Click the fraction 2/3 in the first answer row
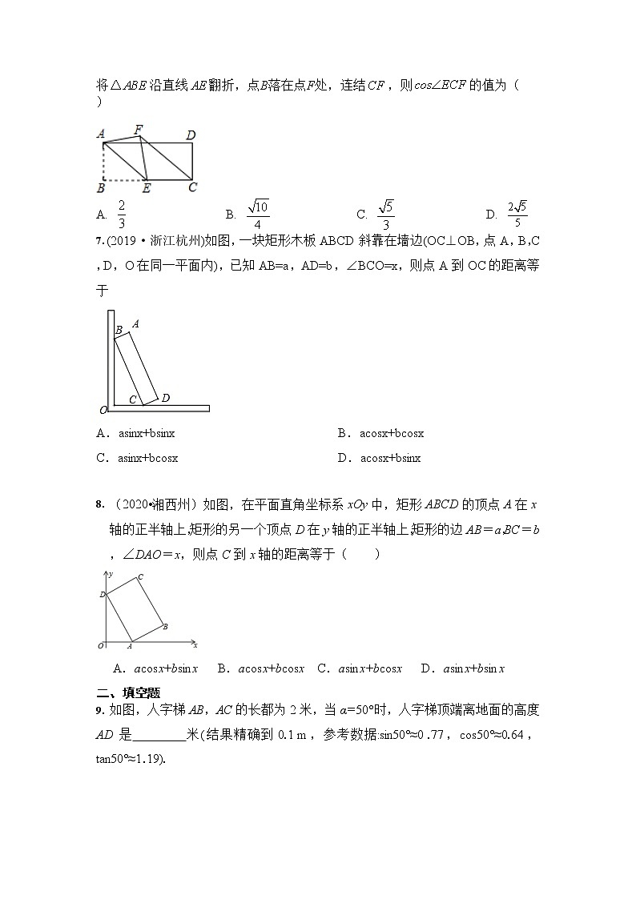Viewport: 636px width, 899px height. pyautogui.click(x=122, y=214)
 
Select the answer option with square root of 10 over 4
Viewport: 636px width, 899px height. pyautogui.click(x=258, y=214)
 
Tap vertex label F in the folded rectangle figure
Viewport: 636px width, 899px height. pyautogui.click(x=139, y=129)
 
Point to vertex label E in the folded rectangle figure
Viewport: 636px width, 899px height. pyautogui.click(x=146, y=189)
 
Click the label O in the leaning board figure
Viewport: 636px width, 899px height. pyautogui.click(x=103, y=411)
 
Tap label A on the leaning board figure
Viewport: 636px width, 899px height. pyautogui.click(x=135, y=323)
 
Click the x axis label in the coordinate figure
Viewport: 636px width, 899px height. pyautogui.click(x=195, y=644)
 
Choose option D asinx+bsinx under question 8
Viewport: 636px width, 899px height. pyautogui.click(x=462, y=668)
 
